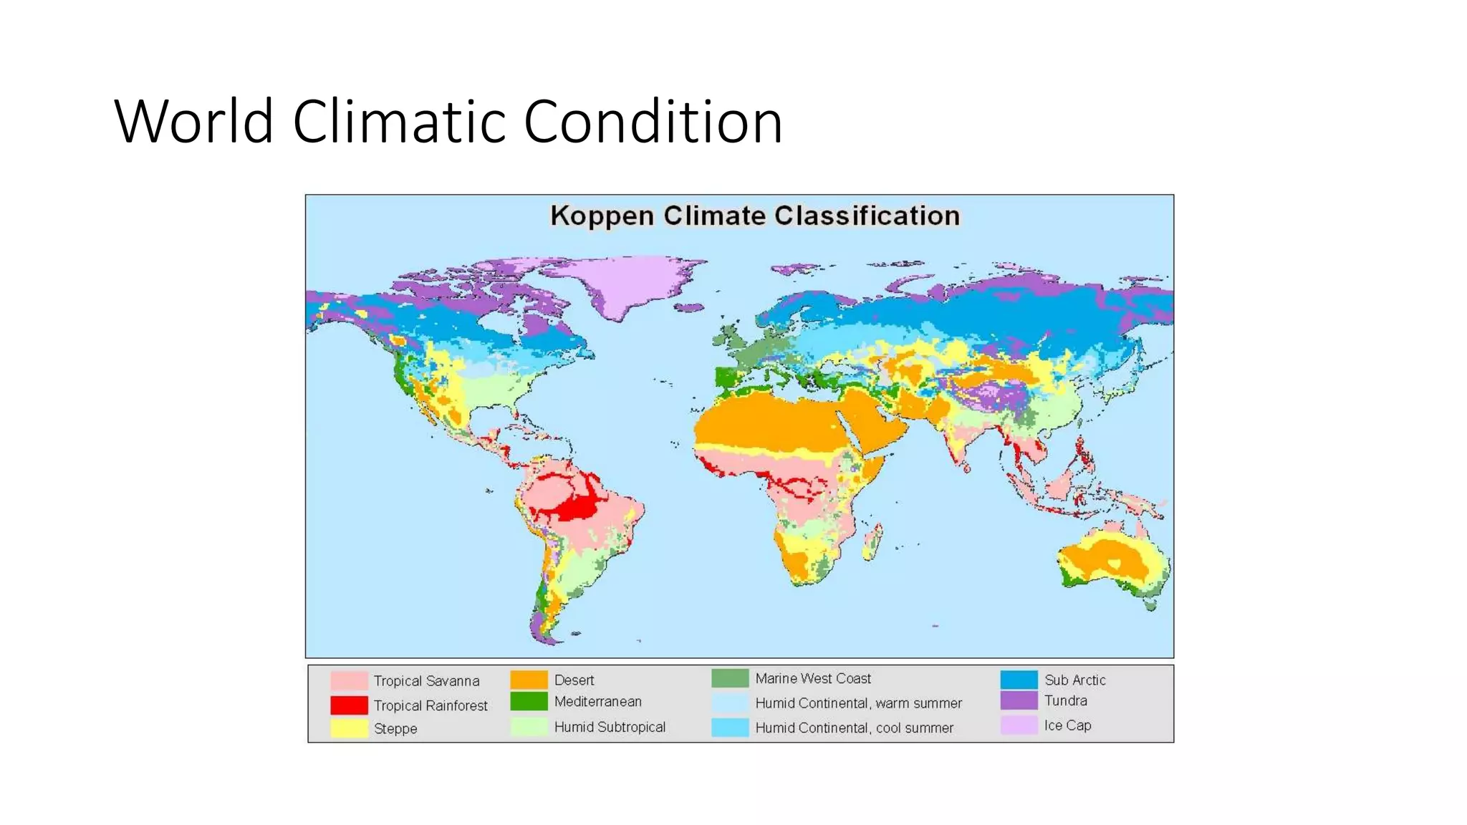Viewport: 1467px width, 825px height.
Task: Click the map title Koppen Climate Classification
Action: (754, 216)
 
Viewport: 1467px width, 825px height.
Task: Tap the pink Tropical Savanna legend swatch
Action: (349, 680)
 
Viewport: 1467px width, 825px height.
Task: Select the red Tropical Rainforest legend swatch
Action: (349, 705)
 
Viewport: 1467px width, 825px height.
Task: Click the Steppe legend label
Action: (395, 728)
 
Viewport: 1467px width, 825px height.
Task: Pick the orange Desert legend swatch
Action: (529, 680)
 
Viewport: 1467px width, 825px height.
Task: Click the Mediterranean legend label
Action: (597, 702)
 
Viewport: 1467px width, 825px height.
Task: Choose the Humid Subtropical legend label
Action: (610, 727)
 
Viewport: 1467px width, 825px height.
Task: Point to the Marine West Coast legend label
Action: (813, 678)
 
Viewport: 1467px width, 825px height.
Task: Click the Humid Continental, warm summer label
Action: (858, 703)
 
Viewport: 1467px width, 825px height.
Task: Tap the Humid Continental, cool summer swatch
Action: (730, 728)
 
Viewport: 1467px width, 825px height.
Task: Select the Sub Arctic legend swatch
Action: (1019, 680)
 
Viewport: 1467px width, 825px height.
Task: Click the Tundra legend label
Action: (1065, 701)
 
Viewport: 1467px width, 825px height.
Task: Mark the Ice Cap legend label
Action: (1067, 725)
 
